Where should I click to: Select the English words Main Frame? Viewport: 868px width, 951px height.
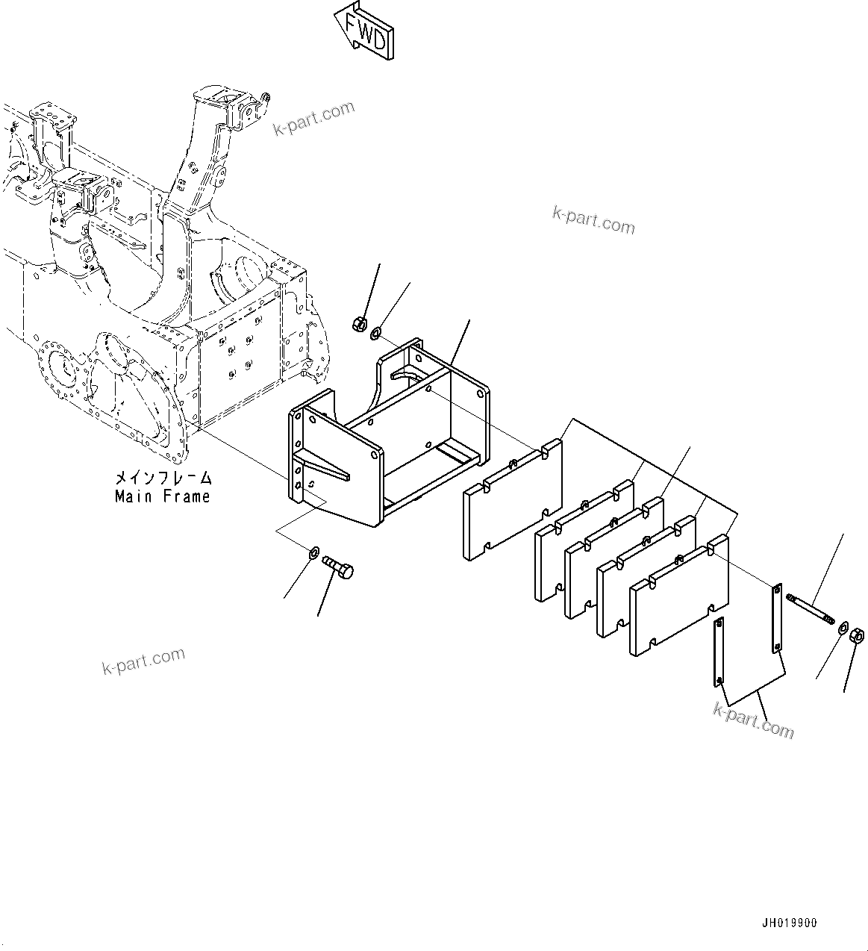pos(163,496)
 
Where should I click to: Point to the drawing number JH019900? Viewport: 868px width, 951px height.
pos(790,923)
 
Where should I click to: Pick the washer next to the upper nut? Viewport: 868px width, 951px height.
pos(376,331)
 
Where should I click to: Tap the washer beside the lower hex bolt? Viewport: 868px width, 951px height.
pos(313,553)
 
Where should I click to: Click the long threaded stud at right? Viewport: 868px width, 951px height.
pos(810,610)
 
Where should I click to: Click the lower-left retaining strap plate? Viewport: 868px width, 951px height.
pos(718,651)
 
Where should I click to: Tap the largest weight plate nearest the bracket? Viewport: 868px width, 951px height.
pos(513,500)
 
